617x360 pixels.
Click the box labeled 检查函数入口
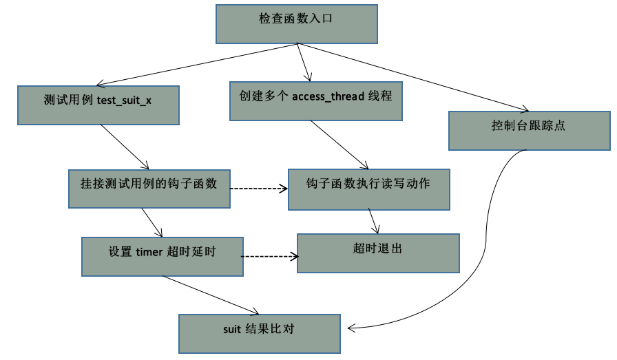tap(296, 23)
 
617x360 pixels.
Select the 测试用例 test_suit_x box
tap(98, 105)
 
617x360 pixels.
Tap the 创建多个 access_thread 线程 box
tap(316, 100)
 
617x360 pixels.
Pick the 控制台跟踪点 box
tap(529, 130)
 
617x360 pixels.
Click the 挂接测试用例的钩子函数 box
tap(149, 188)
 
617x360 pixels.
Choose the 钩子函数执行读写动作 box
tap(368, 189)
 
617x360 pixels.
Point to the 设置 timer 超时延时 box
tap(162, 256)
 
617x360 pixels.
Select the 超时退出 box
tap(377, 253)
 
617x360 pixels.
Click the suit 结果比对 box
tap(259, 333)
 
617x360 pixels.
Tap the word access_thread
tap(328, 96)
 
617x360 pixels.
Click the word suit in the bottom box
tap(231, 329)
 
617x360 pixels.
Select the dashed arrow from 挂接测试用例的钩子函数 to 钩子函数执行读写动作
tap(258, 188)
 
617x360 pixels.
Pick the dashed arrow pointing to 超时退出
tap(270, 257)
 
